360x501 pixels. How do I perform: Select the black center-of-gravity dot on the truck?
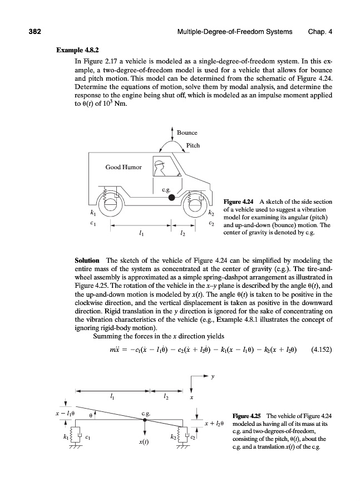click(x=172, y=197)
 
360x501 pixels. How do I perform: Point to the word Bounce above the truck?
click(x=187, y=132)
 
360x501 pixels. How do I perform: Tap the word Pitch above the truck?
click(x=193, y=146)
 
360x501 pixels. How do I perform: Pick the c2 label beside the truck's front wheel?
click(x=211, y=223)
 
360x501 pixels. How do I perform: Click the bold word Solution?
click(x=87, y=260)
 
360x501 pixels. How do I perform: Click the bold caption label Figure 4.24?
click(x=239, y=201)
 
